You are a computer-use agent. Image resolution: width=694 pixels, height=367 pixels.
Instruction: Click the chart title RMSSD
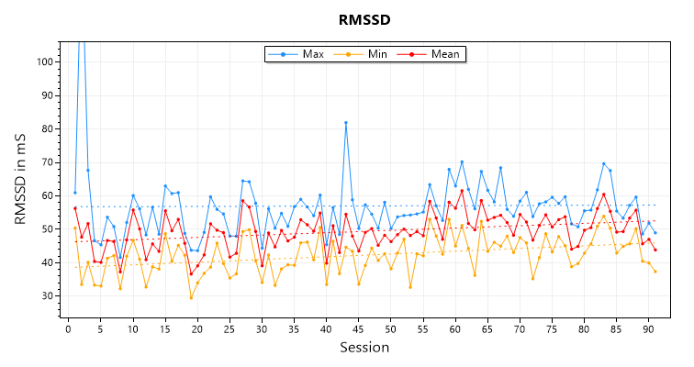pos(364,17)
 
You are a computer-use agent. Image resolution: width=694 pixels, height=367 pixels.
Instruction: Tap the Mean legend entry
pos(434,54)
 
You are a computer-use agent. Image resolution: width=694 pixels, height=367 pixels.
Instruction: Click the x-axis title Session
pos(364,348)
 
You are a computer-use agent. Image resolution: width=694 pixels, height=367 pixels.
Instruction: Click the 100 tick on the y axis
pos(44,62)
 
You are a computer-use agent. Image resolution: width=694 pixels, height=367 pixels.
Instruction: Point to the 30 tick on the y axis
pos(47,295)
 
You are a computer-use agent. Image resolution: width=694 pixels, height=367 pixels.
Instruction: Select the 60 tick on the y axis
pos(47,195)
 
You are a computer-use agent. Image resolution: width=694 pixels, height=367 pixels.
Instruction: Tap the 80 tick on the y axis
pos(47,128)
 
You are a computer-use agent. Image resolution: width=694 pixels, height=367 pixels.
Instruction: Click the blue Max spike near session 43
pos(346,122)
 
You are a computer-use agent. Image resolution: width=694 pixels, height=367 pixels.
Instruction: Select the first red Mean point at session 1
pos(75,208)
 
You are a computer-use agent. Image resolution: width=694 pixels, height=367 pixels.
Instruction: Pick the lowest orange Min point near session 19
pos(191,297)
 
